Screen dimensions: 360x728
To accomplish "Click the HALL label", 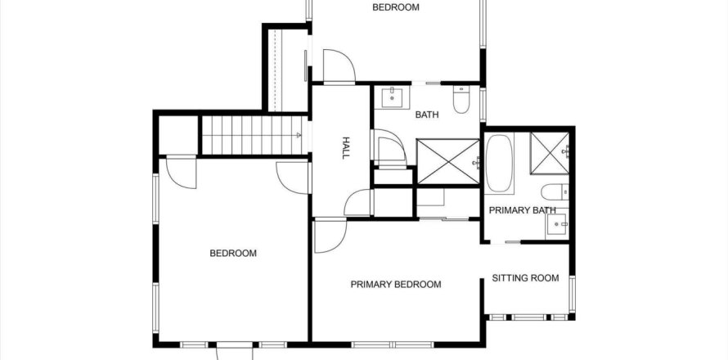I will coord(346,149).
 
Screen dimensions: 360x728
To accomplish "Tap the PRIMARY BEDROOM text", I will coord(396,285).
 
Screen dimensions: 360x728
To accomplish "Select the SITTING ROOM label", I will coord(525,278).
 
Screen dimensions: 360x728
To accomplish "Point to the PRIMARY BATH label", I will coord(522,210).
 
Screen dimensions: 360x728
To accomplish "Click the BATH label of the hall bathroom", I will coord(427,115).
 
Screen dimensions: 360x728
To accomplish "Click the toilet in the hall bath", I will coord(461,101).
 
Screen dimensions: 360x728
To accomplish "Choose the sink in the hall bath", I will coord(391,97).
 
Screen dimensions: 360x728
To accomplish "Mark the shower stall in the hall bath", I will coord(447,160).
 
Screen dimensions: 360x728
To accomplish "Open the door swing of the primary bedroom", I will coord(329,234).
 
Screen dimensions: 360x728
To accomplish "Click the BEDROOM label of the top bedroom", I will coord(396,7).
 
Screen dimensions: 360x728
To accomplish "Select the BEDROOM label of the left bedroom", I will coord(233,254).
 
